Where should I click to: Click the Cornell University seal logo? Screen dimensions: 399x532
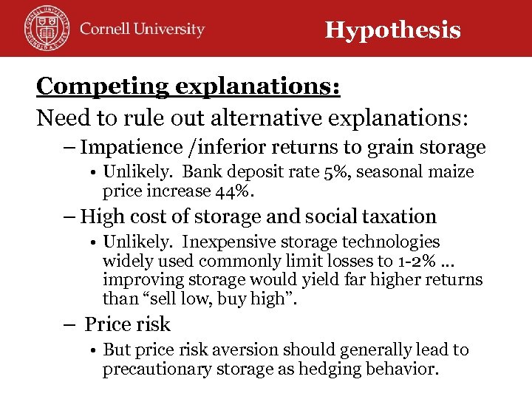point(45,29)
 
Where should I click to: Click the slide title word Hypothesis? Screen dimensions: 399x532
point(392,30)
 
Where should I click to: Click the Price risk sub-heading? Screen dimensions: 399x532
point(127,324)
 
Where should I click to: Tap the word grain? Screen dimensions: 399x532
point(377,147)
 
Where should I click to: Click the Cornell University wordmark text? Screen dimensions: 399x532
point(142,30)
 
